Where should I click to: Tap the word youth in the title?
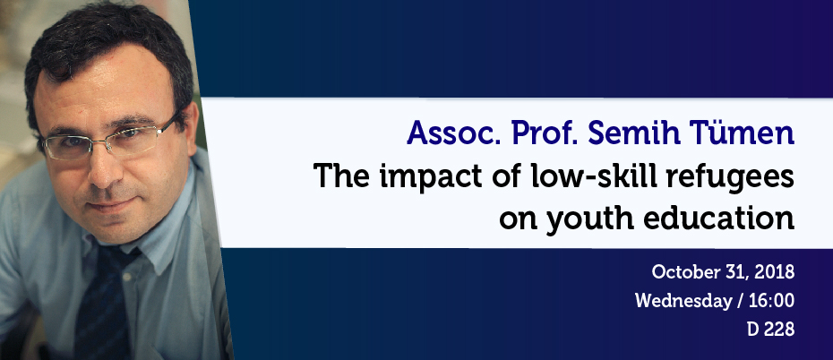click(589, 219)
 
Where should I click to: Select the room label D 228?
click(770, 330)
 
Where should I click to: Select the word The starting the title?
click(341, 175)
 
